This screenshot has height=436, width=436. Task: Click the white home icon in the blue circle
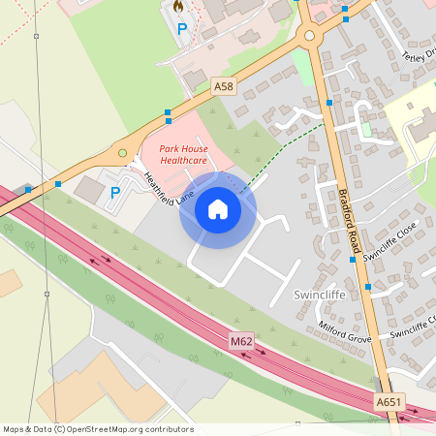[217, 209]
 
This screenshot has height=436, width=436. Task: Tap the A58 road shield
[224, 86]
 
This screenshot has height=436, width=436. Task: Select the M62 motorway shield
[241, 341]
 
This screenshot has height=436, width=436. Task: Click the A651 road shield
[388, 400]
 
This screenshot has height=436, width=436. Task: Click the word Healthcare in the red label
[177, 160]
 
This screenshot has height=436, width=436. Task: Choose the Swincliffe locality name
[319, 294]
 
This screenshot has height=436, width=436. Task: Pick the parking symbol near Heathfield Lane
[115, 192]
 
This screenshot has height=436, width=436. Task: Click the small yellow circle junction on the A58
[122, 152]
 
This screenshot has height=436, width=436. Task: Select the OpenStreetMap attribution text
[98, 429]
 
